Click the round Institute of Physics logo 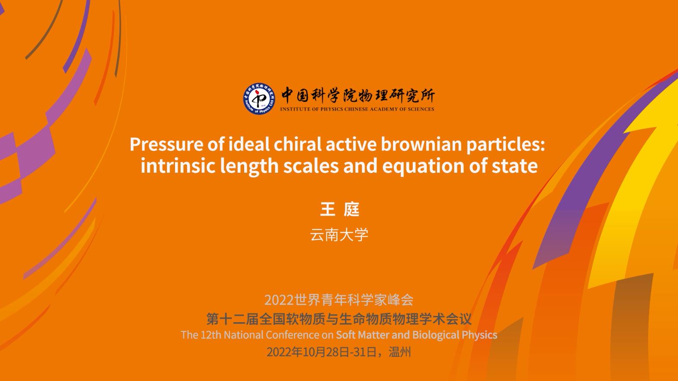(x=259, y=99)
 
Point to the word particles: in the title (x=506, y=145)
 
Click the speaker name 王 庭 (x=340, y=209)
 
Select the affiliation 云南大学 (x=339, y=235)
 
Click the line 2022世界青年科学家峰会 (x=339, y=300)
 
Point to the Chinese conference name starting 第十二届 (x=339, y=319)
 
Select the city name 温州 (x=400, y=352)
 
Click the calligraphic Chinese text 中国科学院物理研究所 (x=358, y=95)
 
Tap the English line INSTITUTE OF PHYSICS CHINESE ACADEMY (x=357, y=109)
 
